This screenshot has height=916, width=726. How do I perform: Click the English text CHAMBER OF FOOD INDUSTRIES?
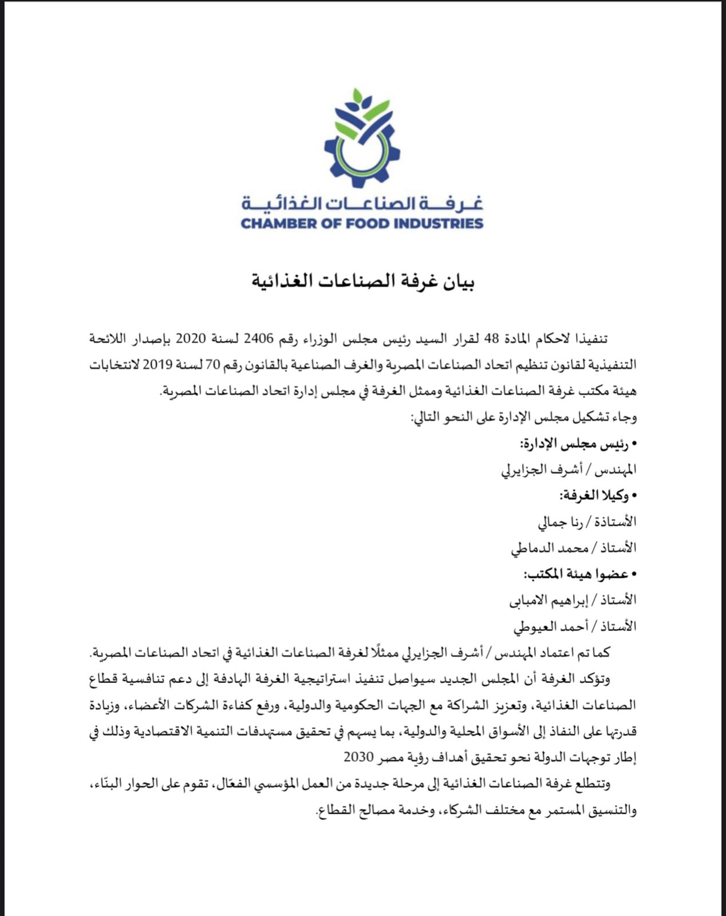[362, 223]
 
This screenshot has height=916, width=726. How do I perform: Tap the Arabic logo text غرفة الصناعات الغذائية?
[362, 203]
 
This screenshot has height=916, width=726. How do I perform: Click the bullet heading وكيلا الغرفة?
[597, 495]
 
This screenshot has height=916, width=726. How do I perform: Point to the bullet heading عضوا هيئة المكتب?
[578, 573]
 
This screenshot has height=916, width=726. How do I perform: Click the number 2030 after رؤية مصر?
[359, 756]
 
